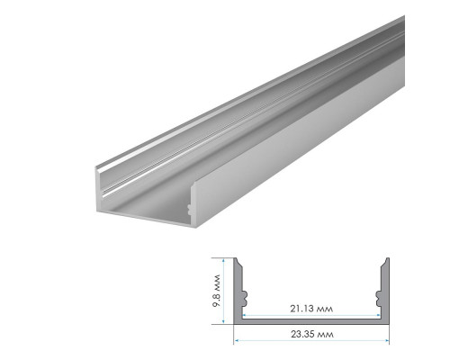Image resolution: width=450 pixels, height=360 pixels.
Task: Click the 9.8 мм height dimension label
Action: point(216,291)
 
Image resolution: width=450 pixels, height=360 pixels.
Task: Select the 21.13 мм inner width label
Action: point(311,309)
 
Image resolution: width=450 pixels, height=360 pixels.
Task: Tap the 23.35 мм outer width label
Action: point(312,334)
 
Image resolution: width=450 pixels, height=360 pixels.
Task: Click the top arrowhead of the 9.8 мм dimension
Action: point(223,261)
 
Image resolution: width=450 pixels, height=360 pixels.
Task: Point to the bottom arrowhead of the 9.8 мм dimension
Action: point(223,321)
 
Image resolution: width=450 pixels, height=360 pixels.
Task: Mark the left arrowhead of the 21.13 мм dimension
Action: point(245,315)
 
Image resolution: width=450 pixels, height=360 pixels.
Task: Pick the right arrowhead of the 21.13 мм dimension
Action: point(379,315)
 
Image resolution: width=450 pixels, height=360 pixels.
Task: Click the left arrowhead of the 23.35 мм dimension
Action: point(237,340)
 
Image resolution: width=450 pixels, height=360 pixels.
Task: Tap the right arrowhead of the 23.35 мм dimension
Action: point(387,340)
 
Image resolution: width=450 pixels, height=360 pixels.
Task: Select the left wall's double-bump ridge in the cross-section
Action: point(245,299)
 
